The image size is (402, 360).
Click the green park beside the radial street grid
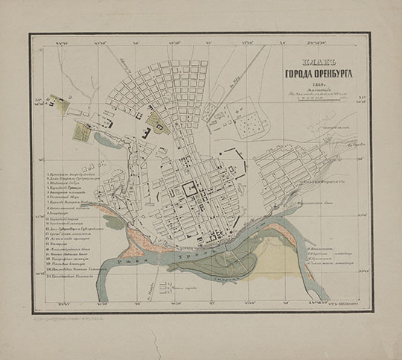pyautogui.click(x=158, y=122)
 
